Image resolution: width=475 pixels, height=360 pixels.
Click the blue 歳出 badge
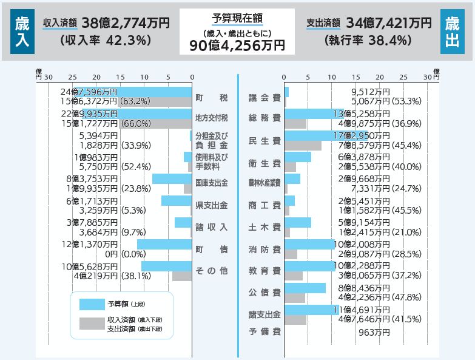452,31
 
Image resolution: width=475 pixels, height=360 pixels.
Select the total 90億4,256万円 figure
237,45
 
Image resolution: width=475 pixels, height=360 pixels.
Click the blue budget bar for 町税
133,92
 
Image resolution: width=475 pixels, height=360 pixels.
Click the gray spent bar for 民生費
303,146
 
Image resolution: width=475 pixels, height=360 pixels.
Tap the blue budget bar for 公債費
305,288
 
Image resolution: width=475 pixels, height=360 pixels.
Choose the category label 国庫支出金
211,183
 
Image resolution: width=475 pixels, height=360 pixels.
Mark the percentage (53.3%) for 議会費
406,101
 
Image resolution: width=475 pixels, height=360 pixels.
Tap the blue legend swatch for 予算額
92,304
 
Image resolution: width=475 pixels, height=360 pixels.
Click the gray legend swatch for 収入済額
92,324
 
